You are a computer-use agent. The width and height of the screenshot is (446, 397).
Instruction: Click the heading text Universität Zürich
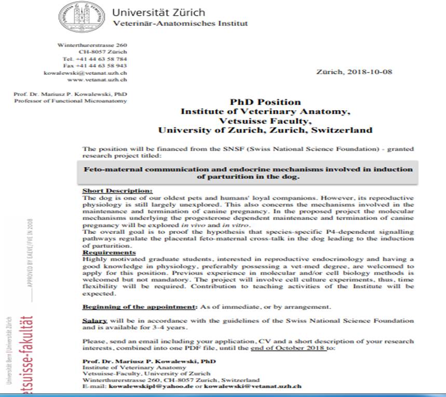pos(158,12)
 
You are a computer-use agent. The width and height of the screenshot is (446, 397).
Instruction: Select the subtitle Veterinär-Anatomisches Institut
pos(180,23)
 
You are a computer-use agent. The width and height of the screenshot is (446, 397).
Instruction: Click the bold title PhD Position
pos(265,102)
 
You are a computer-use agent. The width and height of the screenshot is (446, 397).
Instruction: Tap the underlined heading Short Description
pos(117,191)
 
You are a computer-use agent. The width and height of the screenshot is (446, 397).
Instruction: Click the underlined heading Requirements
pos(108,252)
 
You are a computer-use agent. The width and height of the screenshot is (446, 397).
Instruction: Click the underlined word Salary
pos(94,321)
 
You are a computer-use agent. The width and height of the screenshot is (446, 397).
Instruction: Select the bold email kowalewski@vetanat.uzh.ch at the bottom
pos(252,387)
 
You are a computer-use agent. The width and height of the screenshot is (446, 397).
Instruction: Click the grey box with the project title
pos(248,173)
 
